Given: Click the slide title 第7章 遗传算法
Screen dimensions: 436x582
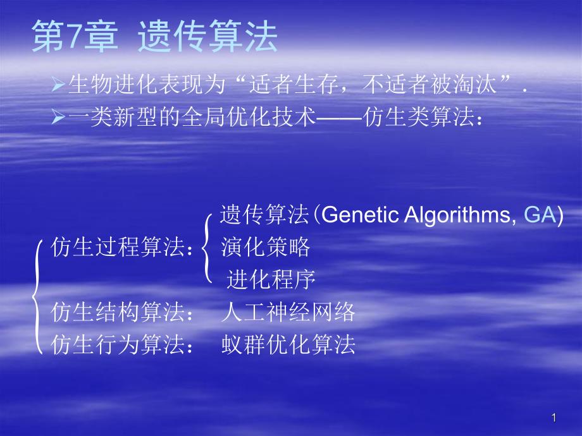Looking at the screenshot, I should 155,38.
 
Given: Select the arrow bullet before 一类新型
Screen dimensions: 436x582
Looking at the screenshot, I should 56,117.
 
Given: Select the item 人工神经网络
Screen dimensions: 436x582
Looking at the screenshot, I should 288,312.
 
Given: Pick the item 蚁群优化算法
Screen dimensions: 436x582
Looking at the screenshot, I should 288,344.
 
